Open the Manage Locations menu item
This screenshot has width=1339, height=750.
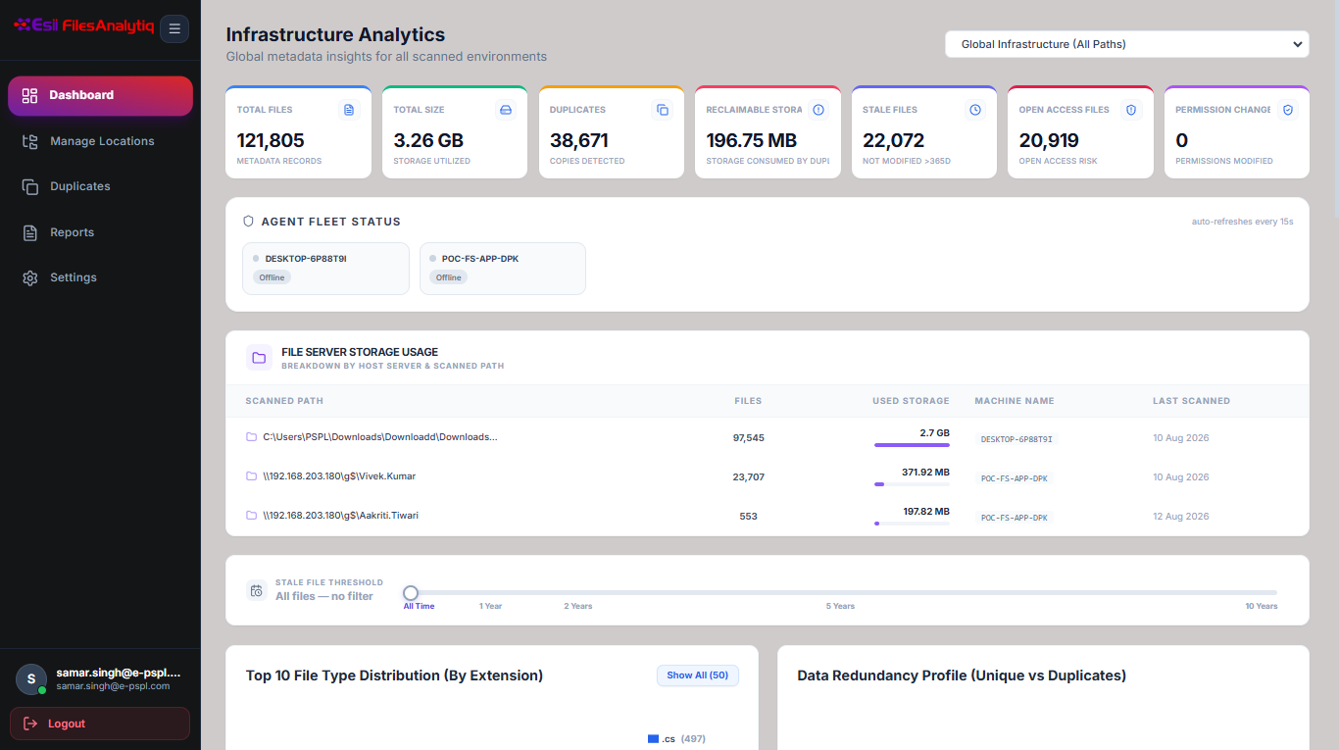point(102,141)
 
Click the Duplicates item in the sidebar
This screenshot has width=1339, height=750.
point(79,186)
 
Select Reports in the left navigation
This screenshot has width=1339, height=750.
point(72,232)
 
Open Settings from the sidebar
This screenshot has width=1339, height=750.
point(73,277)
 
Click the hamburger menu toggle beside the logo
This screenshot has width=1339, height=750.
point(174,28)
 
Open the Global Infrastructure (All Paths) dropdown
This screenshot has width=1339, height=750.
point(1127,44)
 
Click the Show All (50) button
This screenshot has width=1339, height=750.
point(698,675)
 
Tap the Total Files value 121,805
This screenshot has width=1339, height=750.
point(271,140)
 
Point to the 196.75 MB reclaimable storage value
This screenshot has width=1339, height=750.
point(752,140)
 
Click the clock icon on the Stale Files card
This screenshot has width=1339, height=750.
point(975,110)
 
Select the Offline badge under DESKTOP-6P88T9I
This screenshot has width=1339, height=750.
point(272,277)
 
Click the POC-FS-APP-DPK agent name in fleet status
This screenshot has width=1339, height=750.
point(480,259)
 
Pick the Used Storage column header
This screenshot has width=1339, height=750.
point(911,401)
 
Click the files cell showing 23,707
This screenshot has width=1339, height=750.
point(748,477)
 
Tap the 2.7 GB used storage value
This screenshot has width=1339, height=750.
point(934,433)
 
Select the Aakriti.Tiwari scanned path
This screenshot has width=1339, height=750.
point(341,516)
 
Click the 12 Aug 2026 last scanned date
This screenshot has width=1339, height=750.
point(1180,516)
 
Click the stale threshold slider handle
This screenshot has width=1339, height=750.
point(410,593)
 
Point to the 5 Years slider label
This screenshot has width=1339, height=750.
point(840,607)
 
